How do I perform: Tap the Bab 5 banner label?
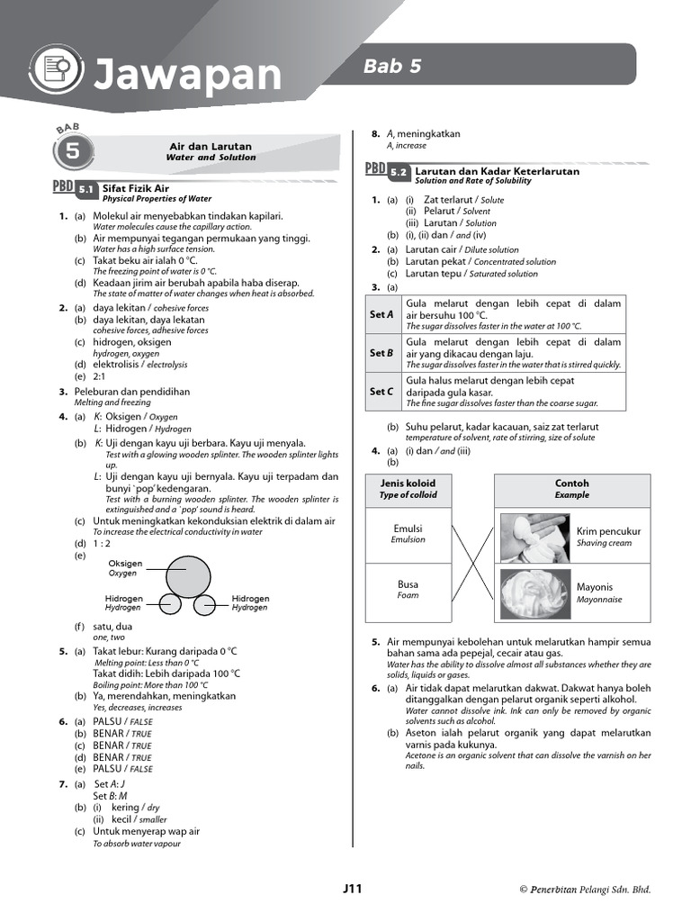[392, 65]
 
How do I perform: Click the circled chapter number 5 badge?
[71, 152]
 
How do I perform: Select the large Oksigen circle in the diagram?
[188, 574]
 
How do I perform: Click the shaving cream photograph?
[535, 537]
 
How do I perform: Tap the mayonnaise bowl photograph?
[535, 592]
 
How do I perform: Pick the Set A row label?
[382, 314]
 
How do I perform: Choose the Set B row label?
[382, 353]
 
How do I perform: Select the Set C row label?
[382, 392]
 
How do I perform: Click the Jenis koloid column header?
[408, 488]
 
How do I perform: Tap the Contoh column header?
[571, 488]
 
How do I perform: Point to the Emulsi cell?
[408, 534]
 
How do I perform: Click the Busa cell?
[408, 589]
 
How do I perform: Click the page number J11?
[352, 889]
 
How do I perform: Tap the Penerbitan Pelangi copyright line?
[585, 890]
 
